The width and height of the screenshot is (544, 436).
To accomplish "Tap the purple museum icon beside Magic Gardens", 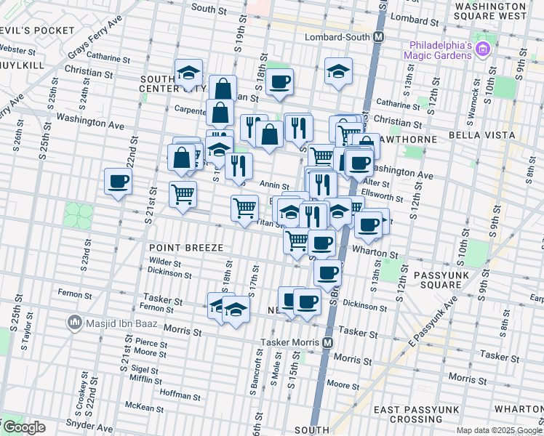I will (x=484, y=49).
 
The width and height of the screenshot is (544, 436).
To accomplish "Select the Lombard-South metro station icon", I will (x=378, y=36).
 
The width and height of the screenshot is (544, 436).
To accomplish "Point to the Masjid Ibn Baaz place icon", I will (x=73, y=322).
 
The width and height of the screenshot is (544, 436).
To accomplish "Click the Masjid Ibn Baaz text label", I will (x=114, y=322).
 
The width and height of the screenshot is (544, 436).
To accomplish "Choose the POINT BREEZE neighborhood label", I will (x=186, y=248).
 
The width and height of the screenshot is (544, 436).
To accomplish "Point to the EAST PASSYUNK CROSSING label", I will (x=417, y=415).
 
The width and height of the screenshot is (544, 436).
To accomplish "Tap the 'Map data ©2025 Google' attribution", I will (x=498, y=430).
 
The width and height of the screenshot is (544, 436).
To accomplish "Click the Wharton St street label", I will (x=375, y=254).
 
